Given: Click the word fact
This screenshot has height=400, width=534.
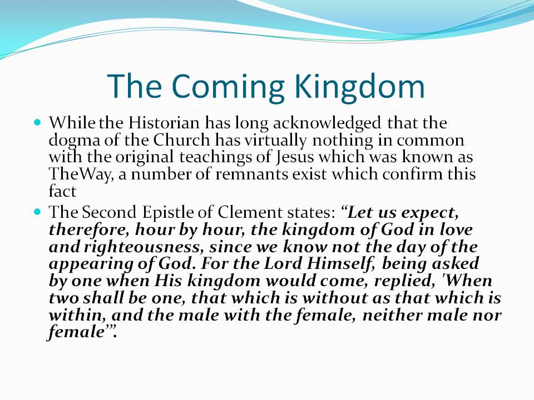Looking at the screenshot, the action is click(x=62, y=191).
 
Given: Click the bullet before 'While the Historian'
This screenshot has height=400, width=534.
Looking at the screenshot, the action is click(x=37, y=122).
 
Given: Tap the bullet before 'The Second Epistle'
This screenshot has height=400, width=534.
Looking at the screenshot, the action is click(x=37, y=212).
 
